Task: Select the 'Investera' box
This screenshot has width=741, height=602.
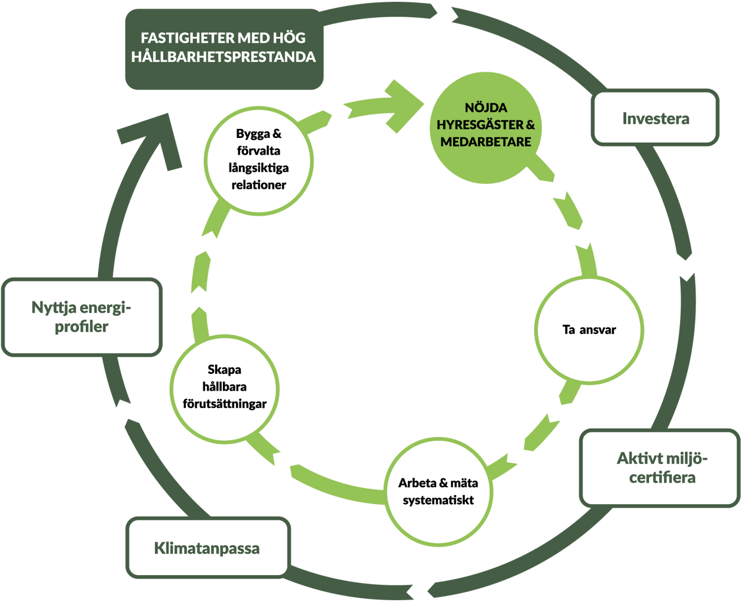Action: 655,118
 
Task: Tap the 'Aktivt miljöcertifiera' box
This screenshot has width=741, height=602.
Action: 660,468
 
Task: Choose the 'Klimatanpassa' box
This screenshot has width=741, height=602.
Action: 207,548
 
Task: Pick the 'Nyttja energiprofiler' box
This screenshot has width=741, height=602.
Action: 82,317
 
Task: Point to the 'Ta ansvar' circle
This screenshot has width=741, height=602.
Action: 589,330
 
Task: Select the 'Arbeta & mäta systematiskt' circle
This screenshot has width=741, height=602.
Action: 438,491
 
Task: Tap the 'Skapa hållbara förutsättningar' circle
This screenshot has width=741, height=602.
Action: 225,386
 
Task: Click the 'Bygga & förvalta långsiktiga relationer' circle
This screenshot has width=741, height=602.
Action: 258,159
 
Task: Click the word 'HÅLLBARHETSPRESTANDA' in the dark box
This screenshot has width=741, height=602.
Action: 223,57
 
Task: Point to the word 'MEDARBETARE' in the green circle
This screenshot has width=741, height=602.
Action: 485,142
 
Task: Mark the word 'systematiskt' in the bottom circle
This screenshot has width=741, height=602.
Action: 438,500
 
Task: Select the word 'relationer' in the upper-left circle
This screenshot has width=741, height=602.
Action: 259,185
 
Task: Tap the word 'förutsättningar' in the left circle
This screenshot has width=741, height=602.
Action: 225,404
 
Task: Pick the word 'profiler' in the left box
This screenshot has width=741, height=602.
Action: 82,327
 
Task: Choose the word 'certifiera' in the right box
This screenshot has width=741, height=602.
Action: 662,478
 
